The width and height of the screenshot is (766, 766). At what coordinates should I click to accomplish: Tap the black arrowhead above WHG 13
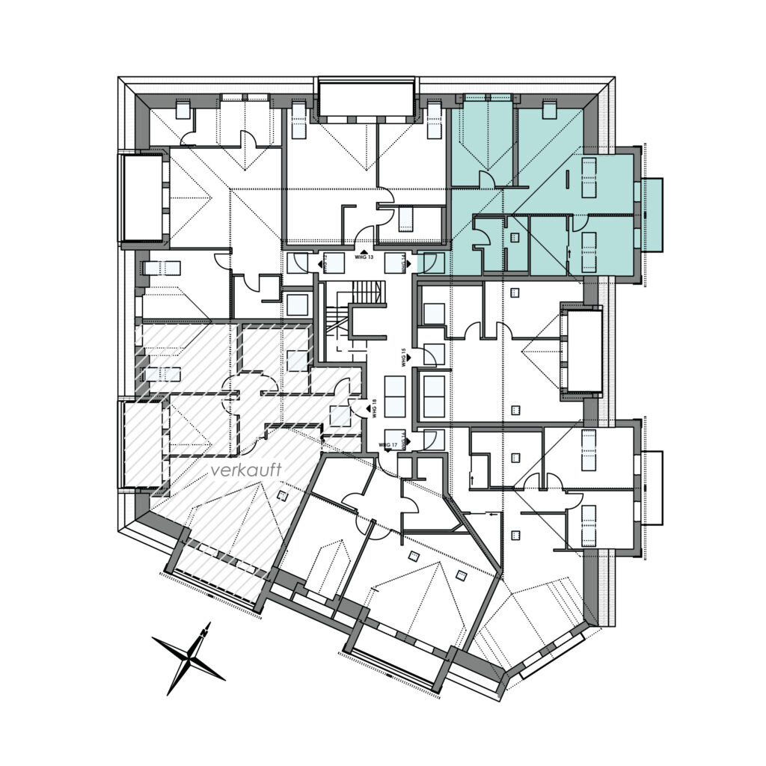pos(364,251)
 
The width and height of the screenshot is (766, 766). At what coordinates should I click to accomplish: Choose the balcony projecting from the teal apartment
pos(652,215)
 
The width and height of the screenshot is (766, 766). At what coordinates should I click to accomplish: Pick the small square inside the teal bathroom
pos(514,237)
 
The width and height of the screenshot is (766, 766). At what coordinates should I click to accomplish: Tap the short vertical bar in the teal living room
pos(567,180)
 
